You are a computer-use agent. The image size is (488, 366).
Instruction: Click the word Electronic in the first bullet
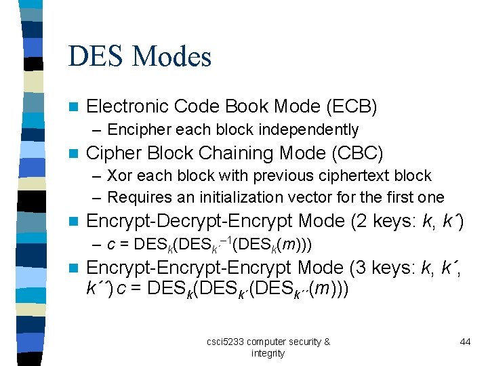[128, 106]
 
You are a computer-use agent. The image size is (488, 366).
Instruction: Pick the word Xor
[119, 176]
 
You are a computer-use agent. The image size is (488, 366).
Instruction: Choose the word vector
[317, 197]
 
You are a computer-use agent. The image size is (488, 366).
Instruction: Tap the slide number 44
[465, 342]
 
